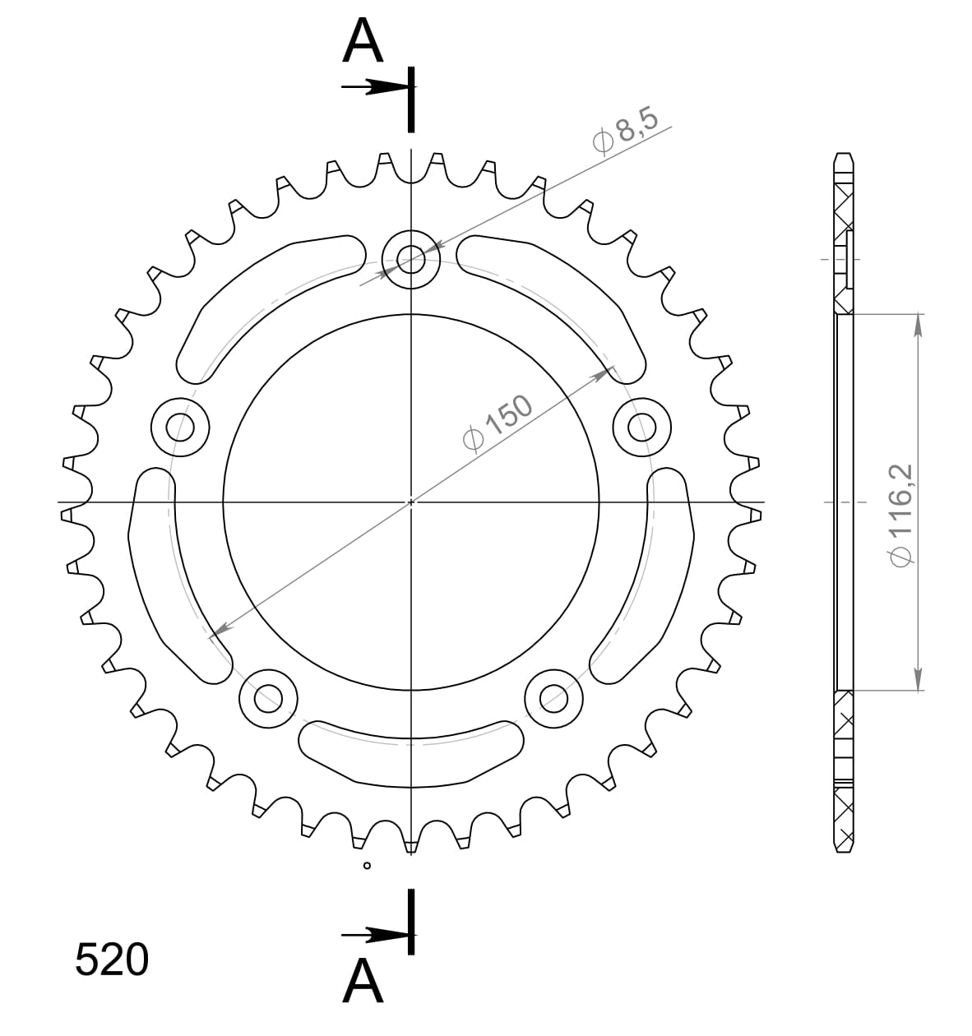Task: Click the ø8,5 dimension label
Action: (x=626, y=131)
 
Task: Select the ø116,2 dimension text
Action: (x=901, y=513)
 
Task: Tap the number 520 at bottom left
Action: (x=112, y=960)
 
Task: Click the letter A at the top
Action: (x=363, y=41)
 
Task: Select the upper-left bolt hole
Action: (x=180, y=427)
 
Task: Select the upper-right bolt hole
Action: (x=642, y=427)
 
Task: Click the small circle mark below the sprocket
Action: (x=367, y=865)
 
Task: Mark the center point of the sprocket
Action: (x=411, y=502)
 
